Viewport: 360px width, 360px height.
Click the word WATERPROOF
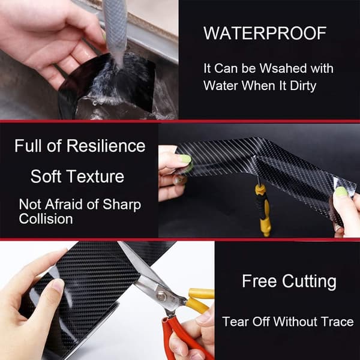tap(265, 33)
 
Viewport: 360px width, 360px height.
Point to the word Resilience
tap(106, 146)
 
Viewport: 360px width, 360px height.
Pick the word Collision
tap(46, 218)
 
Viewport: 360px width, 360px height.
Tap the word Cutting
tap(309, 282)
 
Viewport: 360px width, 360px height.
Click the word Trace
tap(337, 322)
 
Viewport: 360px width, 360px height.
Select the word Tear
tap(236, 322)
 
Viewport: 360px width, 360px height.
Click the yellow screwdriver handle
tap(264, 209)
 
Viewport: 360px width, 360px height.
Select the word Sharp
tap(122, 205)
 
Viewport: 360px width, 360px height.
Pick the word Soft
tap(46, 176)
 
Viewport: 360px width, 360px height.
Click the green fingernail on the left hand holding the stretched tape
tap(185, 158)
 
